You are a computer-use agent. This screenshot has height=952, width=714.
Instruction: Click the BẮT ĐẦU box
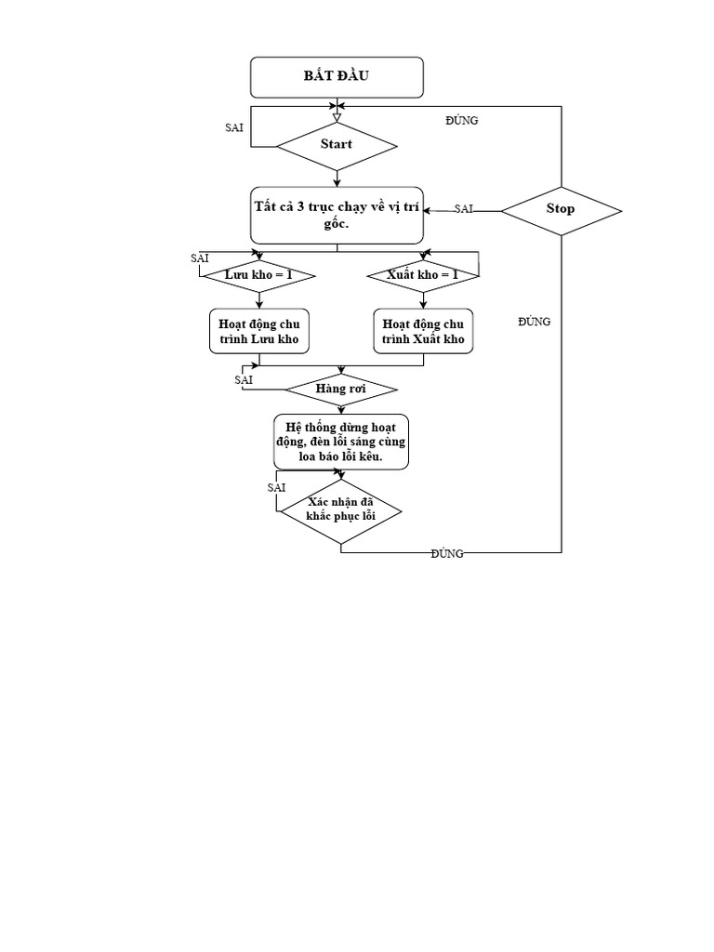pyautogui.click(x=337, y=76)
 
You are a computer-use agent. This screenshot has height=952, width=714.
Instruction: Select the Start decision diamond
pyautogui.click(x=337, y=144)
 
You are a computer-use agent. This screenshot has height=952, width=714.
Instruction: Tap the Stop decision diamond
pyautogui.click(x=561, y=209)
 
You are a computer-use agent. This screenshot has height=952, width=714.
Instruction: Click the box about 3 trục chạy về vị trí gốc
pyautogui.click(x=337, y=215)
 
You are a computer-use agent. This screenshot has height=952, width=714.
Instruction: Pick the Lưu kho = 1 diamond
pyautogui.click(x=258, y=275)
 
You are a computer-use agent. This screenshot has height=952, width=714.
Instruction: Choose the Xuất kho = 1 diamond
pyautogui.click(x=423, y=275)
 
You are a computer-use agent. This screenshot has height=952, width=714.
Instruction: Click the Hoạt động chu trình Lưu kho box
pyautogui.click(x=258, y=332)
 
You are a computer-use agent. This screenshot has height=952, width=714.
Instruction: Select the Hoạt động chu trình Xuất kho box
pyautogui.click(x=423, y=332)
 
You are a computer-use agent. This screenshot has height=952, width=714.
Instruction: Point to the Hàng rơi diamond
pyautogui.click(x=340, y=389)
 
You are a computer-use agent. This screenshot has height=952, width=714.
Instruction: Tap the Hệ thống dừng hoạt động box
pyautogui.click(x=340, y=442)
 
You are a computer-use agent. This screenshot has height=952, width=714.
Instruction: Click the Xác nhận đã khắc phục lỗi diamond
pyautogui.click(x=340, y=510)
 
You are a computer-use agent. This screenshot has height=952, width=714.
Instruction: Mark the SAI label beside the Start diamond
pyautogui.click(x=234, y=127)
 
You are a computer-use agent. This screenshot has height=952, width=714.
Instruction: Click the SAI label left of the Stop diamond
pyautogui.click(x=464, y=209)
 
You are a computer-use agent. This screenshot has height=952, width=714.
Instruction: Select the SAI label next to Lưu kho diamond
pyautogui.click(x=199, y=257)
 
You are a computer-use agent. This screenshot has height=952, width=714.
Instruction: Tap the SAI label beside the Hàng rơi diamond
pyautogui.click(x=244, y=379)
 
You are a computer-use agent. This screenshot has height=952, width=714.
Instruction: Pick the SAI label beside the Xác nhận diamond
pyautogui.click(x=276, y=487)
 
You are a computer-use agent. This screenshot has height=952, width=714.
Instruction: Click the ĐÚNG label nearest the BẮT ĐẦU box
pyautogui.click(x=462, y=121)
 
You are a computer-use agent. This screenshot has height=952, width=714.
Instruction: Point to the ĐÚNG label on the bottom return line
pyautogui.click(x=447, y=553)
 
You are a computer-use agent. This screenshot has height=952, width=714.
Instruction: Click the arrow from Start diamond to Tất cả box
pyautogui.click(x=337, y=179)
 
